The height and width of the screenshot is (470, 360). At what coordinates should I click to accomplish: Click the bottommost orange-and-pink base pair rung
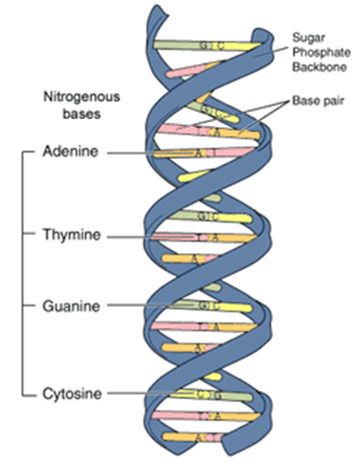pyautogui.click(x=203, y=437)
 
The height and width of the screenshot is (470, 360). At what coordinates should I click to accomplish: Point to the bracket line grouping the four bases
pyautogui.click(x=21, y=271)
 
